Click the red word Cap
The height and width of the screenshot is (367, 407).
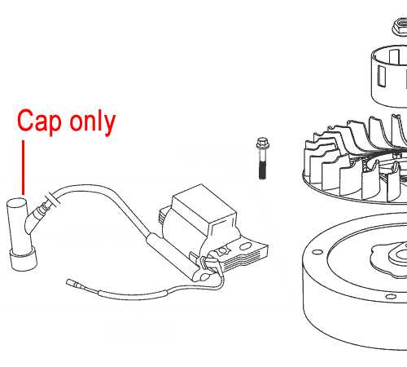pyautogui.click(x=39, y=122)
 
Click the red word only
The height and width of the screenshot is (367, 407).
pyautogui.click(x=93, y=122)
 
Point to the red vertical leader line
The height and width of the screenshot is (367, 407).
pyautogui.click(x=24, y=167)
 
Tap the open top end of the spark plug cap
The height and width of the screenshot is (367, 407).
pyautogui.click(x=16, y=203)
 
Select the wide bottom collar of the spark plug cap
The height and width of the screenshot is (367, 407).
pyautogui.click(x=24, y=259)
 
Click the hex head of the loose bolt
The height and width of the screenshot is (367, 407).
pyautogui.click(x=262, y=143)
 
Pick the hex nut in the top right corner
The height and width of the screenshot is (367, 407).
pyautogui.click(x=400, y=27)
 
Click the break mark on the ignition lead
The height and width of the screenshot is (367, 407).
pyautogui.click(x=53, y=200)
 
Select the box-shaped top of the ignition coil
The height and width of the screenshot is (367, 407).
pyautogui.click(x=204, y=206)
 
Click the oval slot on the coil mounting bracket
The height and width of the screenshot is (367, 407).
pyautogui.click(x=245, y=246)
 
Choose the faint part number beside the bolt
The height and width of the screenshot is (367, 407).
pyautogui.click(x=215, y=153)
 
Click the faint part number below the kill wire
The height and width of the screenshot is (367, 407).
pyautogui.click(x=142, y=330)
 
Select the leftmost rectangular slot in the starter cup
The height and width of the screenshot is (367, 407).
pyautogui.click(x=382, y=77)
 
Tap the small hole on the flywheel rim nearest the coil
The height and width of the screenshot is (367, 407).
pyautogui.click(x=317, y=252)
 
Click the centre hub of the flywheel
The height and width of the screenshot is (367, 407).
pyautogui.click(x=399, y=254)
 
